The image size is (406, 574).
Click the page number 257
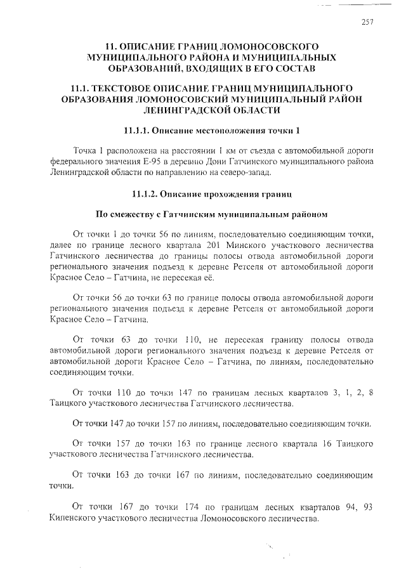tap(367, 22)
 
